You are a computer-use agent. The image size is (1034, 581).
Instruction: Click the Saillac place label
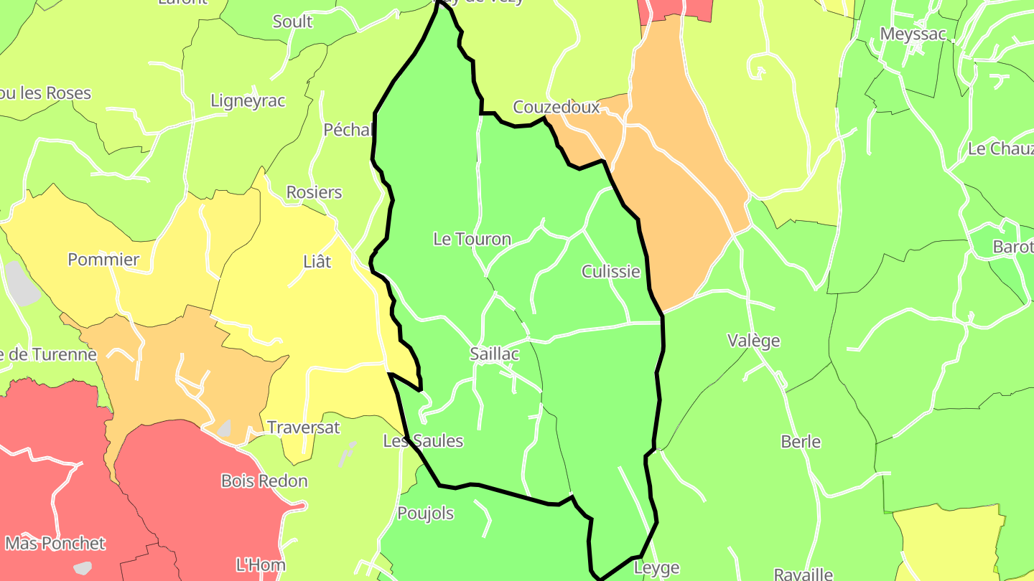[494, 354]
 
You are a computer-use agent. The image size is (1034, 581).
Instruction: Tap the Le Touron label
[472, 239]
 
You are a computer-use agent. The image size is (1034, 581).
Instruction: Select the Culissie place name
[610, 271]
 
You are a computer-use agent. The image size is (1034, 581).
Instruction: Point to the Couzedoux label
[556, 108]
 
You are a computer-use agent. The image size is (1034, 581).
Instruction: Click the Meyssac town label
[913, 34]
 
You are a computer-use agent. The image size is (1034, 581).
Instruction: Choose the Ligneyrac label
[248, 101]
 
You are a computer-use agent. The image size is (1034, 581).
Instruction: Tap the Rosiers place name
[314, 192]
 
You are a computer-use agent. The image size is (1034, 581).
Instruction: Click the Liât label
[317, 262]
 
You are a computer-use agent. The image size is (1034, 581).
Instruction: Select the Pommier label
[103, 260]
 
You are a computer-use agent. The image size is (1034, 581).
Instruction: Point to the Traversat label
[303, 428]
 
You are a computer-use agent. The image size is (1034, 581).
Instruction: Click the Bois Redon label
[264, 481]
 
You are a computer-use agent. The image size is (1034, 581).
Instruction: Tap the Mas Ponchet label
[55, 543]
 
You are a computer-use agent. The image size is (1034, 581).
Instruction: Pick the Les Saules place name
[423, 441]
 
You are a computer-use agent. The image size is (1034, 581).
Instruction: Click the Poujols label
[425, 514]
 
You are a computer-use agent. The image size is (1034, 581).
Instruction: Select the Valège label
[753, 341]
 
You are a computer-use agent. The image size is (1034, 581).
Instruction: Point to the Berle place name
[801, 442]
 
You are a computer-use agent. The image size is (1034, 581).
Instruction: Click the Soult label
[292, 22]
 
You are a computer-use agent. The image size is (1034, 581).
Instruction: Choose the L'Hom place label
[260, 565]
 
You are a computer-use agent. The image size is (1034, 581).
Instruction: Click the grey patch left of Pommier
[22, 283]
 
